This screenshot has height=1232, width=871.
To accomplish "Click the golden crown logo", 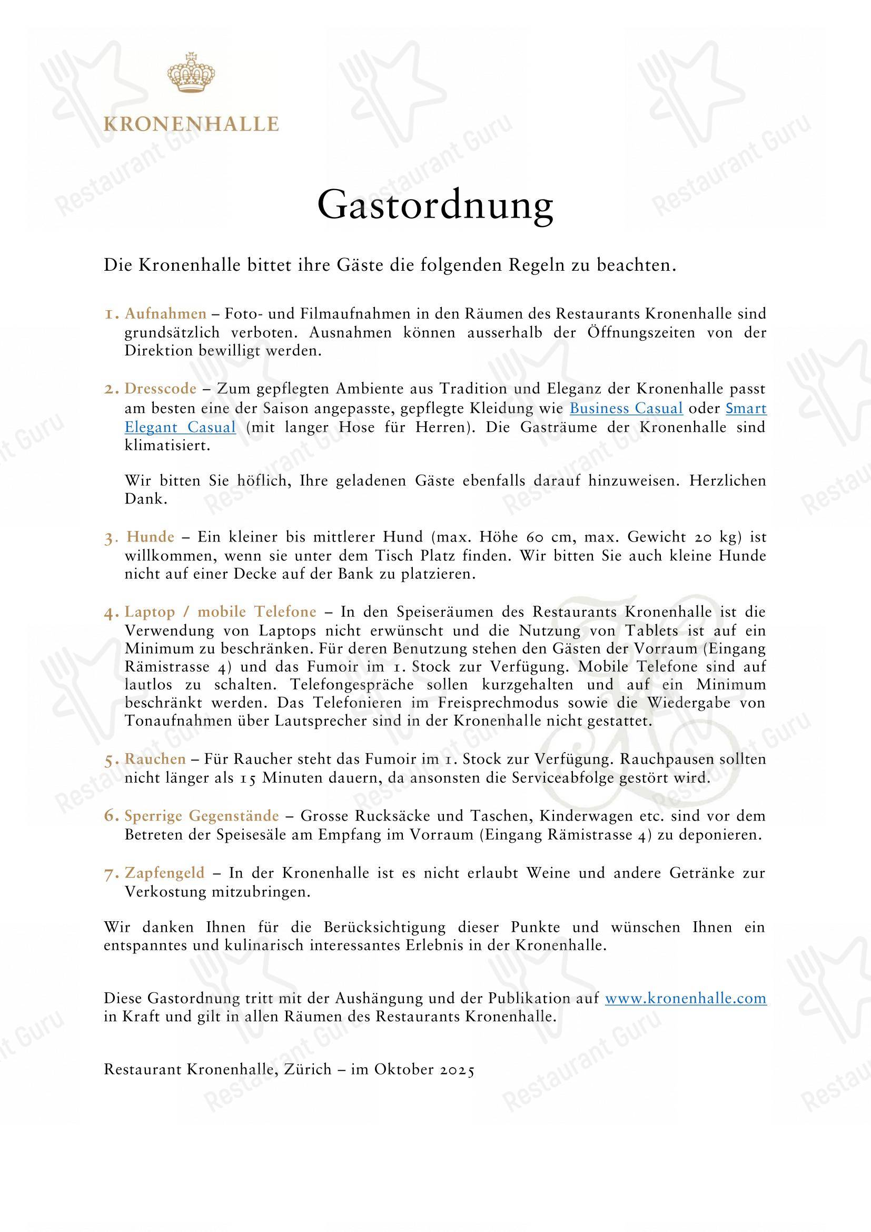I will coord(191,73).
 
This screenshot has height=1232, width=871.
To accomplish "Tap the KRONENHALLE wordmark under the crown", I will coord(191,124).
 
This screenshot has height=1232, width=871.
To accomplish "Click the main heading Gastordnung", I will coord(435,205).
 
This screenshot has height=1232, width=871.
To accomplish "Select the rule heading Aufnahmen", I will coord(166,313).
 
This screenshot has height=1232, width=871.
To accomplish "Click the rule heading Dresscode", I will coord(161,389).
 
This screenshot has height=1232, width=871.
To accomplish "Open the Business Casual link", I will coord(626,408).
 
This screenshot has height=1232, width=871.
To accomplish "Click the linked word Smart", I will coord(746,408).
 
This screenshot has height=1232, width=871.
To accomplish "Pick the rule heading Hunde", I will coord(151,537).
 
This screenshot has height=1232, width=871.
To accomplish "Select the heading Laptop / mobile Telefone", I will coord(221,612).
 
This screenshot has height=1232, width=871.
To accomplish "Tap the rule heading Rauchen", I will coord(155,760).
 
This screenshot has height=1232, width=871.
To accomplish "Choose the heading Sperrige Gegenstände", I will coord(202,816).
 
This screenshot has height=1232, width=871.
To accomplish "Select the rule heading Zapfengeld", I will coord(165,873).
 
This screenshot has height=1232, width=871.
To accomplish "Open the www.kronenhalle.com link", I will coord(686,999).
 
